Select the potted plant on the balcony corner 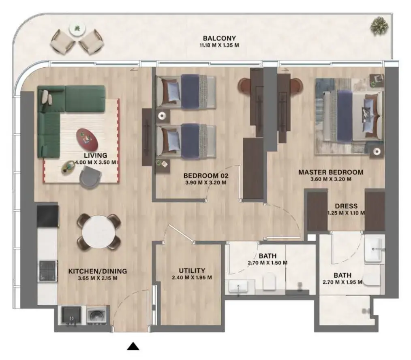click(379, 25)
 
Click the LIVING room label click(96, 155)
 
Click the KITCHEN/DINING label click(98, 271)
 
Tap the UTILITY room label click(192, 271)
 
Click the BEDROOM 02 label click(206, 176)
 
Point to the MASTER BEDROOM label click(331, 172)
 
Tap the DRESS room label click(346, 206)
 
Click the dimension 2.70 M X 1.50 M click(268, 263)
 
